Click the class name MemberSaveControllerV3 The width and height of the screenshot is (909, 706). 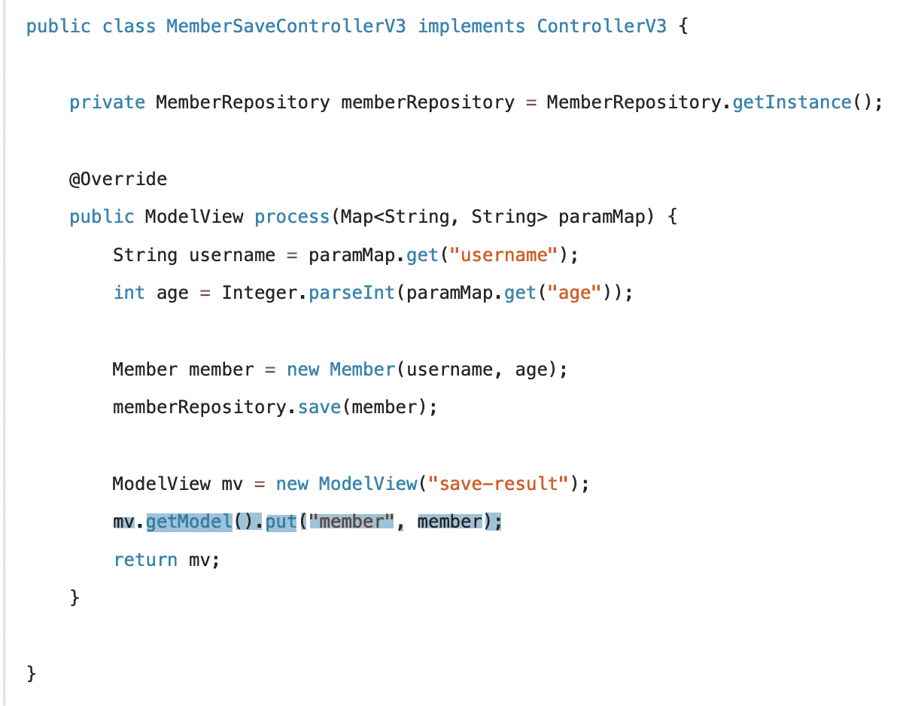tap(286, 27)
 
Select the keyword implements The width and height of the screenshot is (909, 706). tap(471, 27)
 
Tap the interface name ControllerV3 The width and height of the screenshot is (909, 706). tap(601, 27)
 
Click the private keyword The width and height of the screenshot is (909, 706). tap(107, 102)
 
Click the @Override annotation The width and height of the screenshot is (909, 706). tap(118, 179)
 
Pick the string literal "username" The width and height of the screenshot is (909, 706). tap(503, 255)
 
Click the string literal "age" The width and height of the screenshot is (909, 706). tap(574, 293)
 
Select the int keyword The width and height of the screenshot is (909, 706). tap(129, 293)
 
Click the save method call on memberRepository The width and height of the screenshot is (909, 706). tap(319, 407)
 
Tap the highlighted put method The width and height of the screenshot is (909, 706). tap(281, 522)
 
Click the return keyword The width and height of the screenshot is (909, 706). tap(145, 560)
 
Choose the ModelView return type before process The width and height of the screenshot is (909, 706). tap(194, 217)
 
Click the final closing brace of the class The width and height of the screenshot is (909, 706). tap(31, 673)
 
